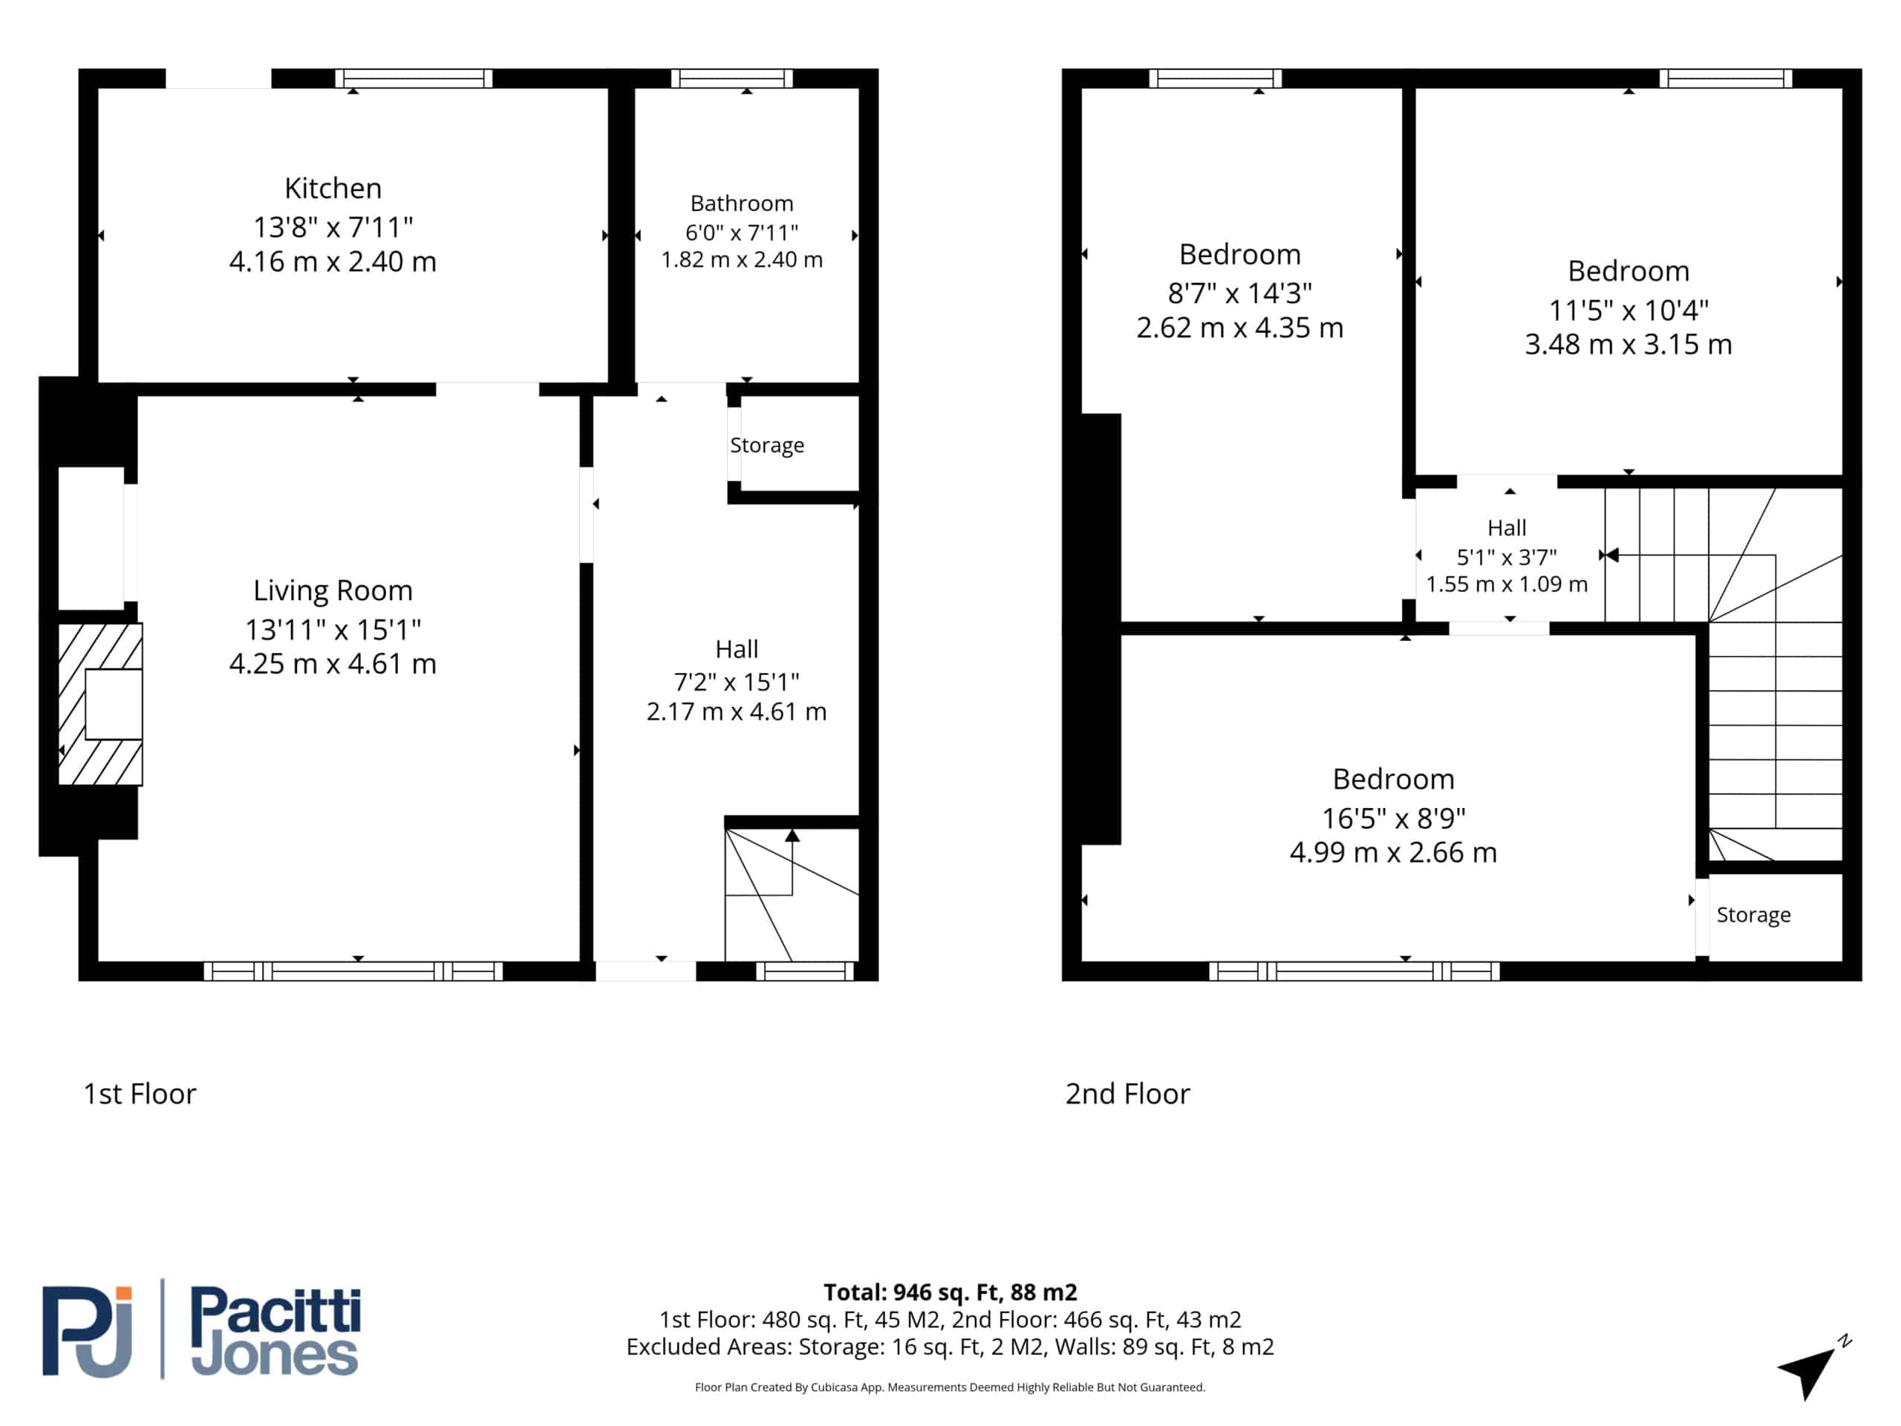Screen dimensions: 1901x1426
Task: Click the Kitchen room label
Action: [x=333, y=188]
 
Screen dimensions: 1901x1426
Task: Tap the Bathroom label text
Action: [x=742, y=204]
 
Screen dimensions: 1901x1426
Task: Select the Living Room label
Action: [x=333, y=590]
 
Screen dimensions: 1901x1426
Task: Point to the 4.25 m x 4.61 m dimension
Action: [x=333, y=663]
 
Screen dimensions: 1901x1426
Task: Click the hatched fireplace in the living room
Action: [x=100, y=704]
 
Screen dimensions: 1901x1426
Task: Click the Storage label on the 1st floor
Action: [x=766, y=445]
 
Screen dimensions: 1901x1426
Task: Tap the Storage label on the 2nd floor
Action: [x=1753, y=914]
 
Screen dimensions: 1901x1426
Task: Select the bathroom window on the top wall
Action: [x=731, y=79]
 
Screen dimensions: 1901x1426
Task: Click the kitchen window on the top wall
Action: [x=414, y=79]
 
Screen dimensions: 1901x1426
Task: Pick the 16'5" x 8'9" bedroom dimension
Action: [x=1393, y=818]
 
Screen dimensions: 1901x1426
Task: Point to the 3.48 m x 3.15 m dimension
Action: [x=1628, y=345]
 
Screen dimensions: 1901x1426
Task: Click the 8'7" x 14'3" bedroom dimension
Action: [x=1239, y=294]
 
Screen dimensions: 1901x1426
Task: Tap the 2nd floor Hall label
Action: [x=1507, y=528]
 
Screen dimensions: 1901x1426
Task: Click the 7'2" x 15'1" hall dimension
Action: [x=737, y=683]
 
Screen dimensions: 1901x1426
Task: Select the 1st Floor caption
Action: [x=139, y=1094]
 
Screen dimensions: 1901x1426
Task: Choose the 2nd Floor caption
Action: [x=1127, y=1094]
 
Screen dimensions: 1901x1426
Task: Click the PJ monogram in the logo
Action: [x=88, y=1332]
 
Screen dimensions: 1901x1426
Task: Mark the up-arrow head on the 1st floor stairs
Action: [x=792, y=836]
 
